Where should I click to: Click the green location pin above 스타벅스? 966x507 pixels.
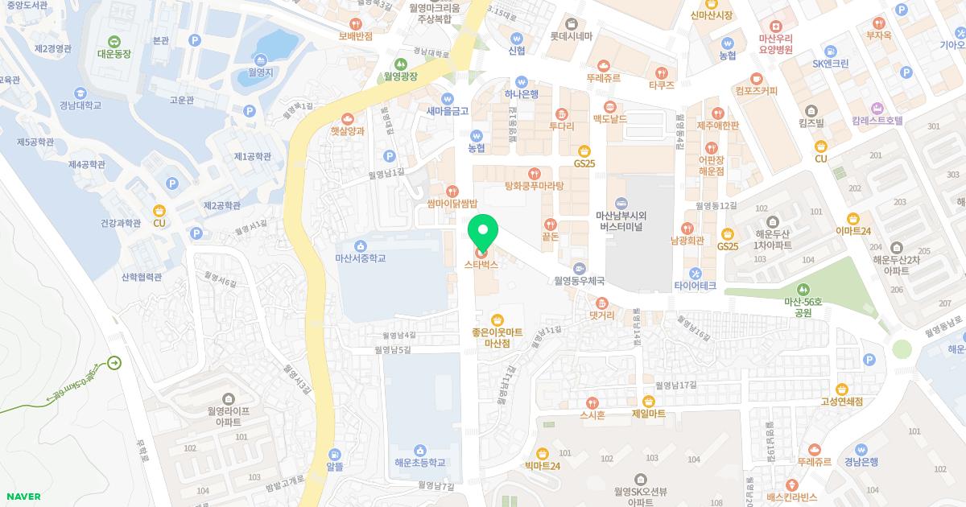483,232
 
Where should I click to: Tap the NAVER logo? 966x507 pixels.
23,497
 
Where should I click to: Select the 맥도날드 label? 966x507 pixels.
609,119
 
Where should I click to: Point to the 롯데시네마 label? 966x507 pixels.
571,36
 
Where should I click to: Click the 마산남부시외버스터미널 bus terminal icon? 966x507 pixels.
620,203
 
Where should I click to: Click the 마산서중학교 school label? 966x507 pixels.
360,258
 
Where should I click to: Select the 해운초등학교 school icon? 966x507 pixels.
419,450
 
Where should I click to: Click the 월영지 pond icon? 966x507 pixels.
259,60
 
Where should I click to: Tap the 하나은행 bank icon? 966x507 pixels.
522,81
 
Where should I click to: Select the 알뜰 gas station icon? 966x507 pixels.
335,453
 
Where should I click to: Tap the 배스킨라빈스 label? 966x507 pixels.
792,497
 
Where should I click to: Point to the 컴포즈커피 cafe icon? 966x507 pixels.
756,78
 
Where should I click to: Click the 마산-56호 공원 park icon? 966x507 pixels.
802,290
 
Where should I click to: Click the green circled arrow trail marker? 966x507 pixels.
114,363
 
